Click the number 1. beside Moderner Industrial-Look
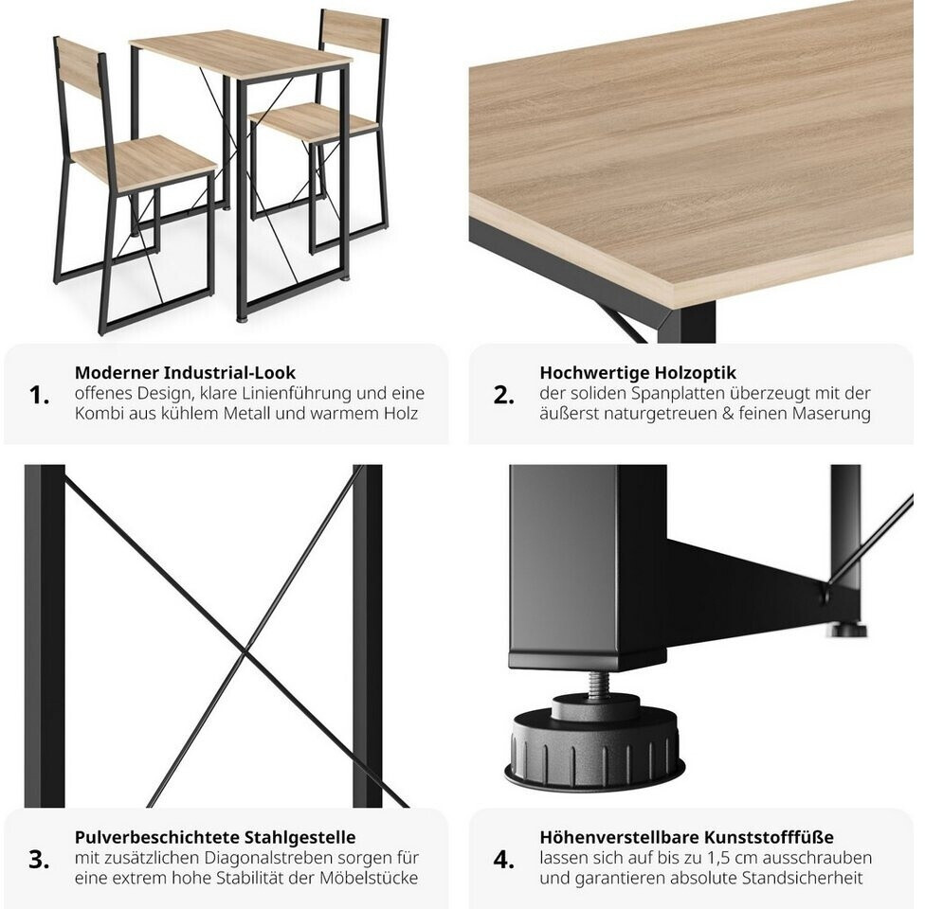pos(39,395)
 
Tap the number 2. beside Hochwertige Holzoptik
pos(504,395)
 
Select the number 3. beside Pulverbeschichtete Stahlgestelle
pos(39,860)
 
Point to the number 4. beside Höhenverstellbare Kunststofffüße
pos(504,860)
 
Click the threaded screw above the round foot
pos(598,685)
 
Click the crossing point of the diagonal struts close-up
pos(245,651)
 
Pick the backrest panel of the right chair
pos(353,30)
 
